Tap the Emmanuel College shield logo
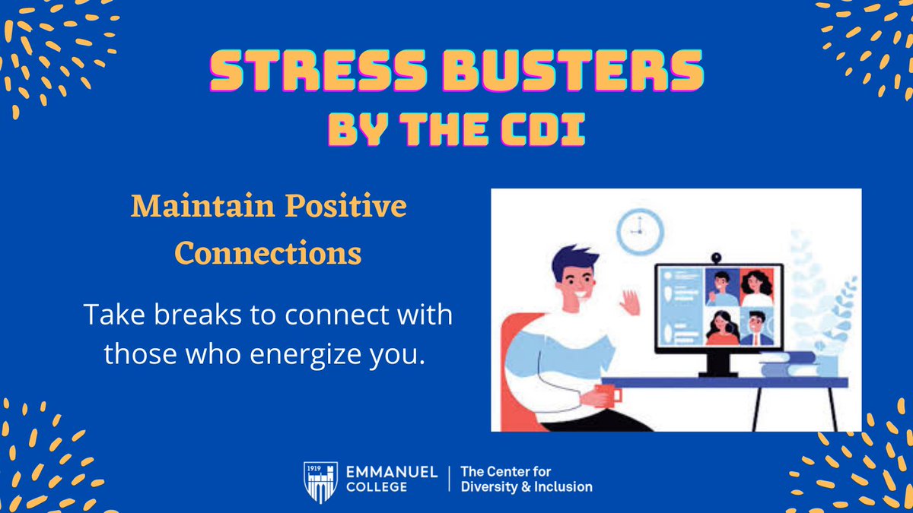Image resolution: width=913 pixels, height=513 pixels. point(318,481)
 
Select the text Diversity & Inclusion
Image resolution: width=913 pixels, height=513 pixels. point(526,487)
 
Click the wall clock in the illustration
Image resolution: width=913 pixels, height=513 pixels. point(640,231)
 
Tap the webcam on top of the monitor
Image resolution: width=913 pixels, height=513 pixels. point(715,259)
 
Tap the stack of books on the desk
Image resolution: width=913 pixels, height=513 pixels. point(787,367)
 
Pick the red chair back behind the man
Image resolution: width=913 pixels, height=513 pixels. point(517,357)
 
